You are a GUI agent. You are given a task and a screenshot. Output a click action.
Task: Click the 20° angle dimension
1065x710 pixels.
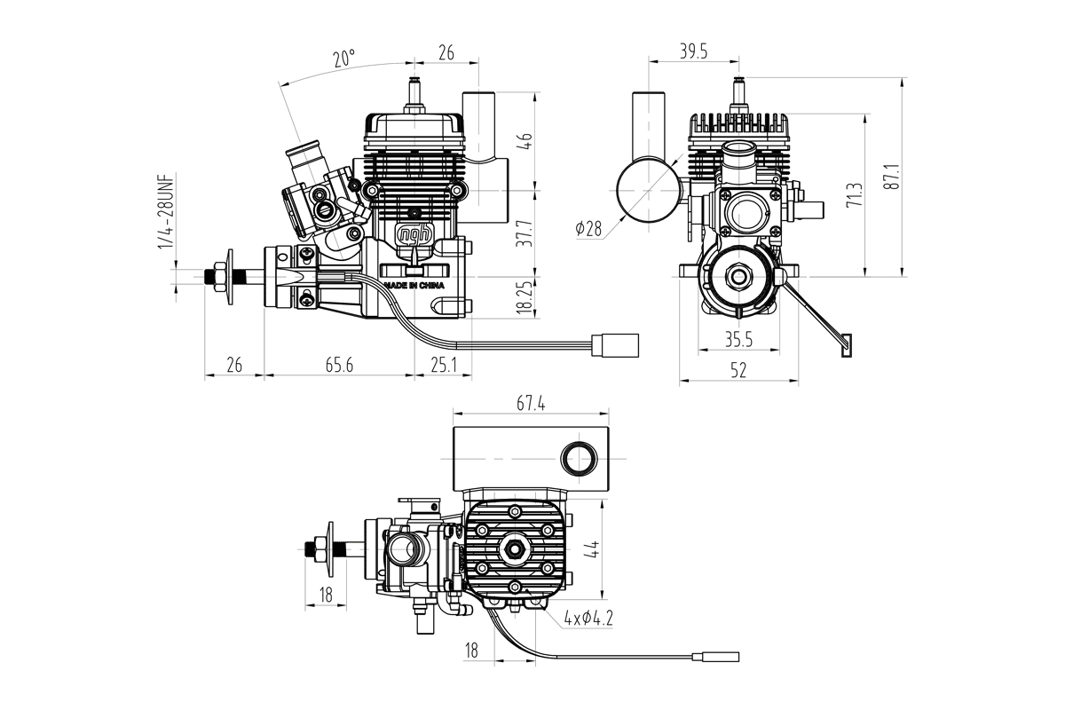pos(344,59)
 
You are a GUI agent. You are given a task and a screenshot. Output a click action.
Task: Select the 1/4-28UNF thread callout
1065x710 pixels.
pos(165,213)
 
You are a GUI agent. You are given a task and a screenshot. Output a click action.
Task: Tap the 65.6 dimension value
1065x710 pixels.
pos(337,364)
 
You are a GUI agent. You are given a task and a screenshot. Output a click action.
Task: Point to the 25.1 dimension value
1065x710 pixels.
pos(443,364)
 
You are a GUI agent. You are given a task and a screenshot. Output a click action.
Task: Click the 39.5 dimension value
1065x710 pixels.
pos(693,51)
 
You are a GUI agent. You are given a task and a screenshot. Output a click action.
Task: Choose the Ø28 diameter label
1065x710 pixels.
pos(588,229)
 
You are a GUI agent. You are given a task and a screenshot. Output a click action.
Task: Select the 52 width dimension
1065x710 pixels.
pos(738,371)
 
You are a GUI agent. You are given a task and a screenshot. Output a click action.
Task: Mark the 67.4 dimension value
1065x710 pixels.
pos(530,404)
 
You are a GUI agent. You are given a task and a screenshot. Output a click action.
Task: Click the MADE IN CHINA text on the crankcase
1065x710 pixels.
pos(414,286)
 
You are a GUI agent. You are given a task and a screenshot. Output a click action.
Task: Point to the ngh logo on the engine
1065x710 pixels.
pos(414,234)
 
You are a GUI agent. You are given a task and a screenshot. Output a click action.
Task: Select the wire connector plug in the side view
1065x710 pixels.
pos(617,343)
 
